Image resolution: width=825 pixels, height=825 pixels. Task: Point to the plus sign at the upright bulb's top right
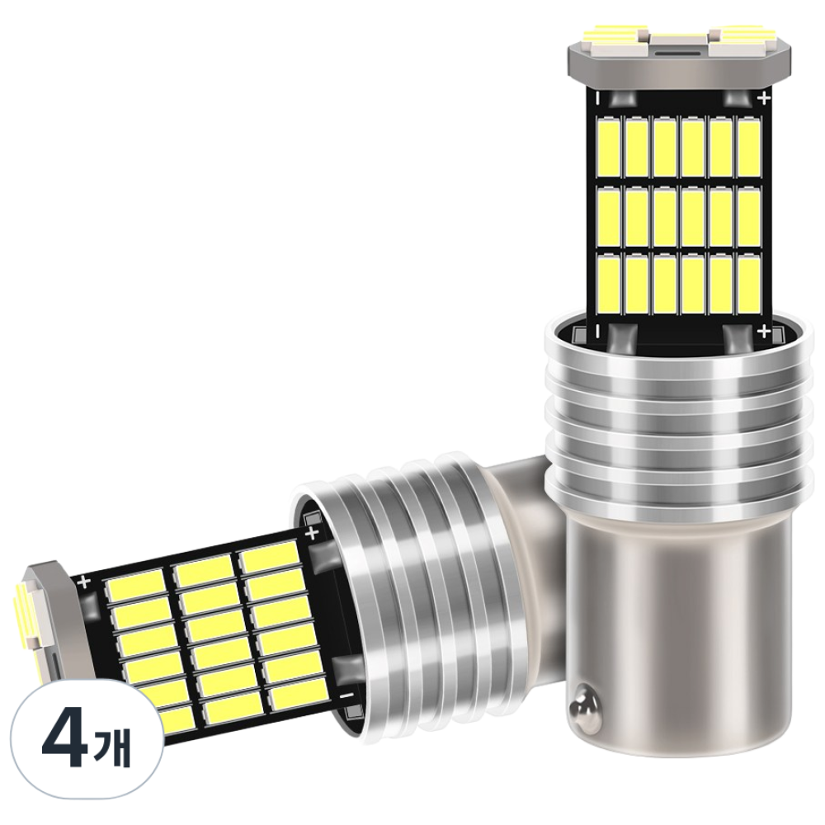[764, 98]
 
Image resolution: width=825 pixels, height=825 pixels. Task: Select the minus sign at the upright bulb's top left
[597, 98]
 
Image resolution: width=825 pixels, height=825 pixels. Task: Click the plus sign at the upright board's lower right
[765, 332]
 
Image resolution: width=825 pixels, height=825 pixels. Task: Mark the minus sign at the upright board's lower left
[597, 332]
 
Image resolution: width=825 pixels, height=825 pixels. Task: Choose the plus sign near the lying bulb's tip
[84, 582]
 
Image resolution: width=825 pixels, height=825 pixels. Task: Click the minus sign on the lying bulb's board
[343, 695]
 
